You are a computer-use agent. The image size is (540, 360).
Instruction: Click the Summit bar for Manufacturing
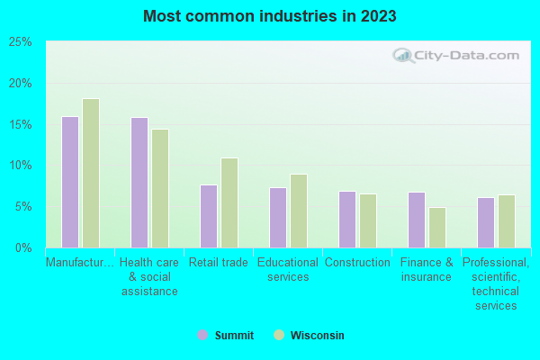[69, 182]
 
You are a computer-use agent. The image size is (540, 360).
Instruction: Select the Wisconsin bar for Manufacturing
[90, 173]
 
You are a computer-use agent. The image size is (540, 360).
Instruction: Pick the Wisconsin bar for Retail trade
[229, 202]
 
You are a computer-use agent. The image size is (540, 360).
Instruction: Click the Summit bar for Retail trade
[208, 216]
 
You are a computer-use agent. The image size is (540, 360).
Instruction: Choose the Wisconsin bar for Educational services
[298, 211]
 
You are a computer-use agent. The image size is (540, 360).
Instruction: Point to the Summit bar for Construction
[346, 219]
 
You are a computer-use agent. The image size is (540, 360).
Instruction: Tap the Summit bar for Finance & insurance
[416, 220]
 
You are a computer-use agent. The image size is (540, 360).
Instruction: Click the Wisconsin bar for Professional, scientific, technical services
[506, 220]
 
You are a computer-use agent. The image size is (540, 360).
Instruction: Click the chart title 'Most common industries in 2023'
[269, 16]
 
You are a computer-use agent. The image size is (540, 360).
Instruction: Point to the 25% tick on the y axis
[20, 42]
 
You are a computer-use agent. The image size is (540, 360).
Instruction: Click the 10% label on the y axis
[20, 166]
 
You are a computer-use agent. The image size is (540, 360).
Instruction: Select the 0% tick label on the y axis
[23, 247]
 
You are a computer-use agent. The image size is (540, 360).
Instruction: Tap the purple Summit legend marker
[202, 336]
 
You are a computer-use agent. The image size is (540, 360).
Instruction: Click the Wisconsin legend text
[317, 336]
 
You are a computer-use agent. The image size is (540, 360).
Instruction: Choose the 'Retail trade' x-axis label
[218, 263]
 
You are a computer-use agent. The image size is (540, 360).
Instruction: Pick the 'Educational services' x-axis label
[287, 270]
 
